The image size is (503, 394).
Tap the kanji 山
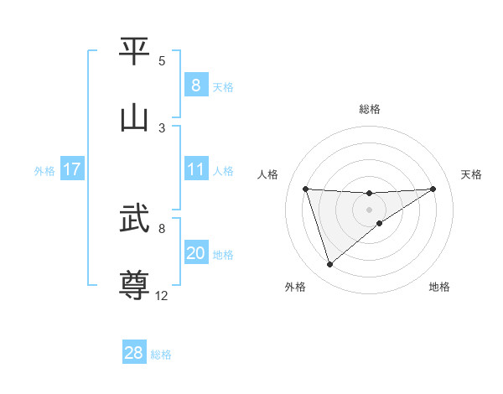click(134, 117)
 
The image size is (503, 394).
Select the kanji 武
click(134, 220)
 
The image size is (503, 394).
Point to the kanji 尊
click(134, 284)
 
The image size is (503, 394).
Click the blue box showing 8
click(195, 86)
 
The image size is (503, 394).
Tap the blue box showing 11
click(195, 170)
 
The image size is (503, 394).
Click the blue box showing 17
click(71, 170)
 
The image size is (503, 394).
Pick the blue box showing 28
click(133, 353)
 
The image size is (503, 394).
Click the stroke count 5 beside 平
click(162, 61)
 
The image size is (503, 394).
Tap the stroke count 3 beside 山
click(162, 127)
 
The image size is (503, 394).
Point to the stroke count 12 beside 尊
click(162, 295)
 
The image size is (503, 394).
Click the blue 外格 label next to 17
click(44, 171)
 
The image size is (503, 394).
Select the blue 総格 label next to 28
click(161, 355)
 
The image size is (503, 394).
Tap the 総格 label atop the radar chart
click(369, 109)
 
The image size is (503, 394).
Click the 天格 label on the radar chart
click(471, 174)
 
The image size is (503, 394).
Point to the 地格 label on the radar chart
click(439, 287)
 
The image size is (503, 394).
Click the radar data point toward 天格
click(433, 189)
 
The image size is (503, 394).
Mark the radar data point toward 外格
click(329, 265)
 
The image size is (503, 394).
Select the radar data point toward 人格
click(305, 189)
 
